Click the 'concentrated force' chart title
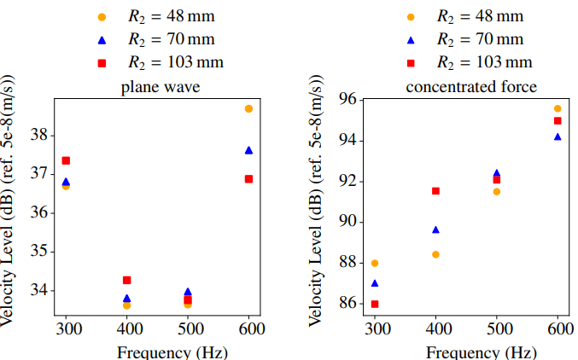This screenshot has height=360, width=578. click(471, 87)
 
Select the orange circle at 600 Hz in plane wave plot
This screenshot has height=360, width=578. click(248, 109)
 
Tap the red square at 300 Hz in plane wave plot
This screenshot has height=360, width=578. click(66, 160)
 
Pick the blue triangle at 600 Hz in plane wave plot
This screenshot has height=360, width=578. click(248, 150)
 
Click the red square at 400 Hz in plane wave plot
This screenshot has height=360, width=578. click(127, 280)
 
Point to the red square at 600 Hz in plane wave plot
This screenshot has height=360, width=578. click(248, 179)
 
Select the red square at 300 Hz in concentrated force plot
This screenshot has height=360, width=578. click(375, 304)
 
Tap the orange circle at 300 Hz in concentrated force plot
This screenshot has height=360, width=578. click(375, 264)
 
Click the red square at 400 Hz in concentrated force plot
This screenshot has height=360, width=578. click(435, 191)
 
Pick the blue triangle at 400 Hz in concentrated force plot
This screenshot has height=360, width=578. click(435, 229)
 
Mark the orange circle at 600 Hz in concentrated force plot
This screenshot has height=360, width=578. click(558, 108)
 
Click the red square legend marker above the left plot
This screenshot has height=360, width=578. click(102, 62)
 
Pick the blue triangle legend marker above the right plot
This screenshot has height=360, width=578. click(411, 39)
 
